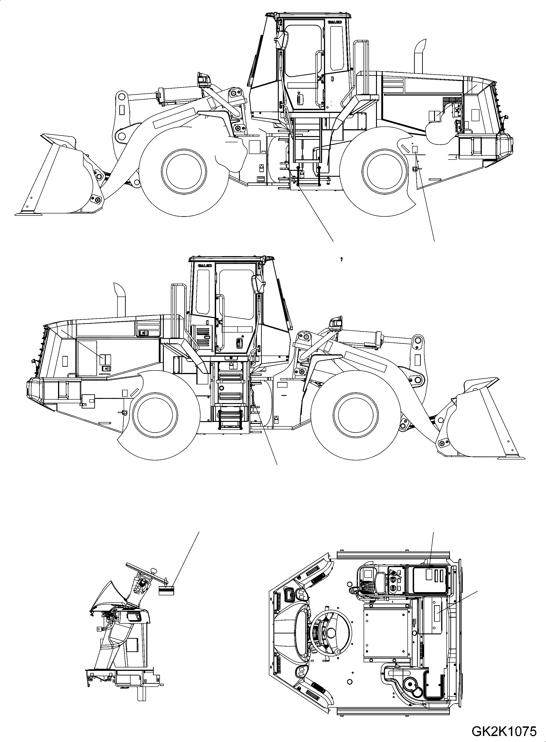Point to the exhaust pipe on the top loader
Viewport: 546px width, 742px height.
click(419, 56)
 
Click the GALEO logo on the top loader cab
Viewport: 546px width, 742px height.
click(334, 22)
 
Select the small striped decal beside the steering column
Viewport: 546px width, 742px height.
click(166, 563)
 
